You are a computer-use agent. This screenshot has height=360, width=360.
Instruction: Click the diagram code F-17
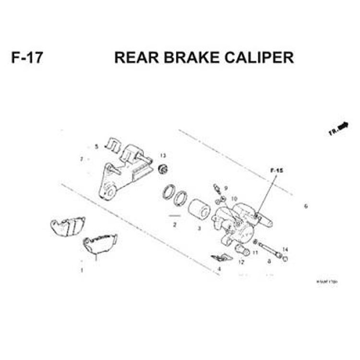click(x=27, y=58)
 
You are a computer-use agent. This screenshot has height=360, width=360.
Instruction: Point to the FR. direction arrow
click(x=339, y=128)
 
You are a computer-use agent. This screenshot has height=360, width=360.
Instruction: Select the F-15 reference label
click(x=276, y=170)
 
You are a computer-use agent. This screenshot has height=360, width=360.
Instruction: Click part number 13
click(x=163, y=156)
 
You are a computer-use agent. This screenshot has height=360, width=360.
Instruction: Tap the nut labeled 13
click(x=163, y=169)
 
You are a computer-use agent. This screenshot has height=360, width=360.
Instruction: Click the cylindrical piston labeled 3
click(x=198, y=209)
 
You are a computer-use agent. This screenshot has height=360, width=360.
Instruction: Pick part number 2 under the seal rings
click(x=175, y=225)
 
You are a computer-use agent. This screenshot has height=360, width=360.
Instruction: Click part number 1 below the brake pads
click(x=82, y=270)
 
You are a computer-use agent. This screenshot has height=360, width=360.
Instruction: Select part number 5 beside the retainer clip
click(x=96, y=146)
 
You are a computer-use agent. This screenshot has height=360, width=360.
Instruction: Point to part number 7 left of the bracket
click(x=82, y=159)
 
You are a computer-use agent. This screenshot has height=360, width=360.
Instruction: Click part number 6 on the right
click(x=306, y=206)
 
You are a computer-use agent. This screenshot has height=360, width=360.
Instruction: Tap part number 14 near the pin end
click(x=285, y=249)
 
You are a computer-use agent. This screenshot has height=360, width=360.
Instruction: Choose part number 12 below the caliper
click(x=241, y=262)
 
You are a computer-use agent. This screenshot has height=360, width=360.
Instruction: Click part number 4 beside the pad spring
click(x=219, y=269)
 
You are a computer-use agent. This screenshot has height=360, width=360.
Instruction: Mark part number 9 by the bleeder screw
click(x=226, y=188)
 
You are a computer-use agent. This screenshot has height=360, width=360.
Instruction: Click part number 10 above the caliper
click(x=234, y=198)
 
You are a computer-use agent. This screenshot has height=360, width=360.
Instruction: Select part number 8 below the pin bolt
click(x=269, y=262)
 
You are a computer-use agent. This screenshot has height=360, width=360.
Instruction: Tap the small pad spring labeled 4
click(x=221, y=257)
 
